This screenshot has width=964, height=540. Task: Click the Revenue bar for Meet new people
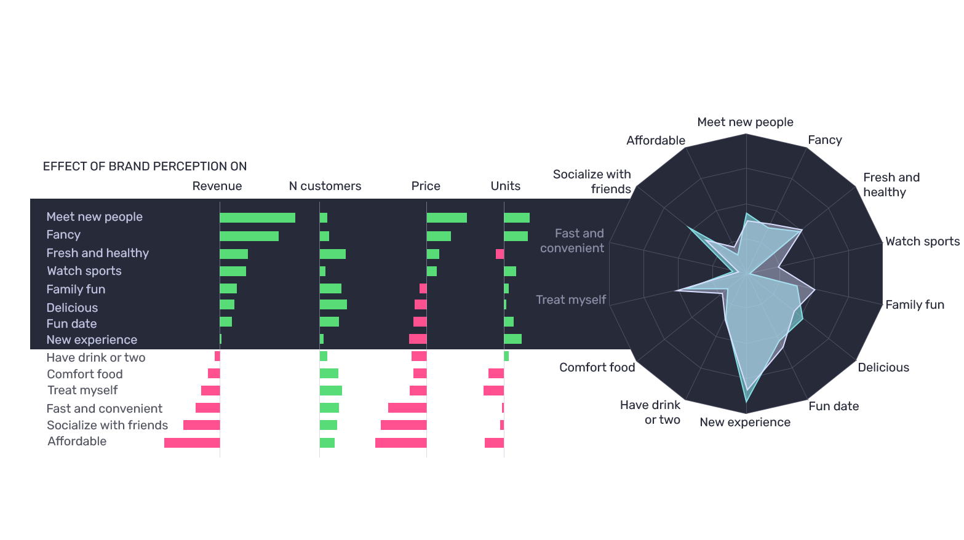click(257, 218)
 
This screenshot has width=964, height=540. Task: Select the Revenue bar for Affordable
click(192, 443)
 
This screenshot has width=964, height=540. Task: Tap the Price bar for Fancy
click(439, 236)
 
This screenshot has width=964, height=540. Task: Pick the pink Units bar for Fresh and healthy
click(500, 254)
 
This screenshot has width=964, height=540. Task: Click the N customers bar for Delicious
click(333, 304)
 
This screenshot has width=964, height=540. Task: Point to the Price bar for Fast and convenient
click(407, 408)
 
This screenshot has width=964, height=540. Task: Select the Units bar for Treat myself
click(493, 391)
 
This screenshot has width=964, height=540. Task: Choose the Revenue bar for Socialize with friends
click(201, 425)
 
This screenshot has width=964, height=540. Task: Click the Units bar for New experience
click(512, 339)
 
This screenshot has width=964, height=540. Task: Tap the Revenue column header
click(217, 186)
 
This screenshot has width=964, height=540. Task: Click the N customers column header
click(325, 186)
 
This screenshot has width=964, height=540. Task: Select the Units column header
click(505, 186)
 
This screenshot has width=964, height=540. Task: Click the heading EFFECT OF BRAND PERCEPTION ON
click(145, 167)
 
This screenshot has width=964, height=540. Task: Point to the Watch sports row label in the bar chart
click(84, 271)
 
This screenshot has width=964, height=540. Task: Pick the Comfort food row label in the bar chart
click(85, 375)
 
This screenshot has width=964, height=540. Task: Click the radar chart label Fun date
click(834, 406)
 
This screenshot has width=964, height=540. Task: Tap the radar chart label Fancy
click(824, 140)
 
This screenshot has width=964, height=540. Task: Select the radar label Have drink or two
click(650, 412)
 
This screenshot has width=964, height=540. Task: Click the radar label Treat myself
click(571, 300)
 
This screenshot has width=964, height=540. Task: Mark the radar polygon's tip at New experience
click(746, 402)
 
